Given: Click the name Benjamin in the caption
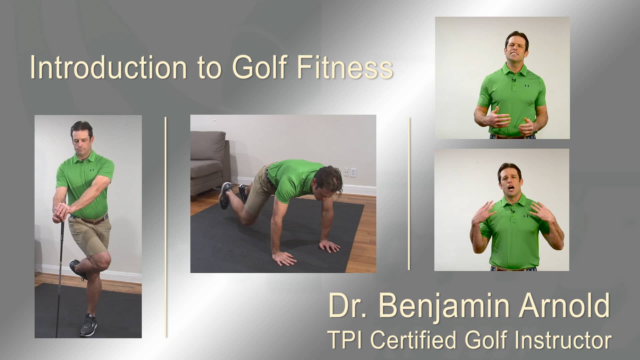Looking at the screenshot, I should [x=444, y=306].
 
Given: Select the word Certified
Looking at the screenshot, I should [x=413, y=340].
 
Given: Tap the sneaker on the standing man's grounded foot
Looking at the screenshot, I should [x=88, y=325].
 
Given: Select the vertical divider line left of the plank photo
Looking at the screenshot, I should [x=166, y=227].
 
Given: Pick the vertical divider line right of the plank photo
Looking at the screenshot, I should [x=409, y=193].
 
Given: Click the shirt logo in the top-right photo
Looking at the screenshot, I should [x=527, y=86].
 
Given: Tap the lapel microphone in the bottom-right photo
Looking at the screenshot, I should [x=513, y=211].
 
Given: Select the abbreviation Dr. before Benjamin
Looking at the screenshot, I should [x=346, y=306].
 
